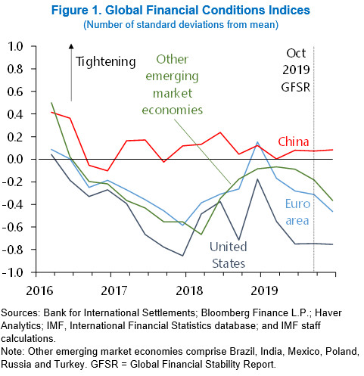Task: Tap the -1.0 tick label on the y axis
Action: tap(14, 272)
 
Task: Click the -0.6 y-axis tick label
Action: tap(14, 227)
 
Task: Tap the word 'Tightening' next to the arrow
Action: tap(106, 61)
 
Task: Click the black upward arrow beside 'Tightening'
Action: tap(71, 72)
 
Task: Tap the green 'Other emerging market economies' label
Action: tap(182, 84)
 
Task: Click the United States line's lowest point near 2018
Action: tap(183, 256)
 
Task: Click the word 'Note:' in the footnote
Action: tap(15, 352)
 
